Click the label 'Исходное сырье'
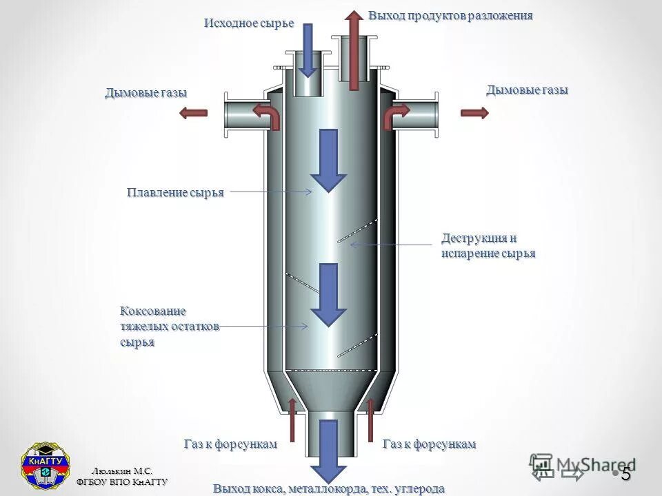pos(248,23)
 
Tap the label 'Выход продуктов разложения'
pos(450,15)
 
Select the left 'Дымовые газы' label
pos(146,93)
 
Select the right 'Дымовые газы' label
pos(527,90)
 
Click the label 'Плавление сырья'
pos(175,192)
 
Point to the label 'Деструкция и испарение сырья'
pos(488,246)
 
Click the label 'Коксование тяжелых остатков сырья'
pos(170,327)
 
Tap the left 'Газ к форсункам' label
pos(230,444)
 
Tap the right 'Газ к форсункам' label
pos(429,444)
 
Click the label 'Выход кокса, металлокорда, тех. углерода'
pos(329,488)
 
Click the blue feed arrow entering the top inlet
pos(308,50)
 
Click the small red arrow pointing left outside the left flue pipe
pos(194,113)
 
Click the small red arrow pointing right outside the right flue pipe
pos(474,113)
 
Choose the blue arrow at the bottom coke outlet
pos(328,451)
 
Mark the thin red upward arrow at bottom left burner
pos(292,419)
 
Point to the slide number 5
pos(625,474)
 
